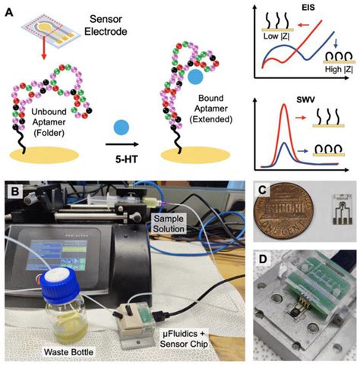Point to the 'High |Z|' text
click(x=332, y=85)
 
